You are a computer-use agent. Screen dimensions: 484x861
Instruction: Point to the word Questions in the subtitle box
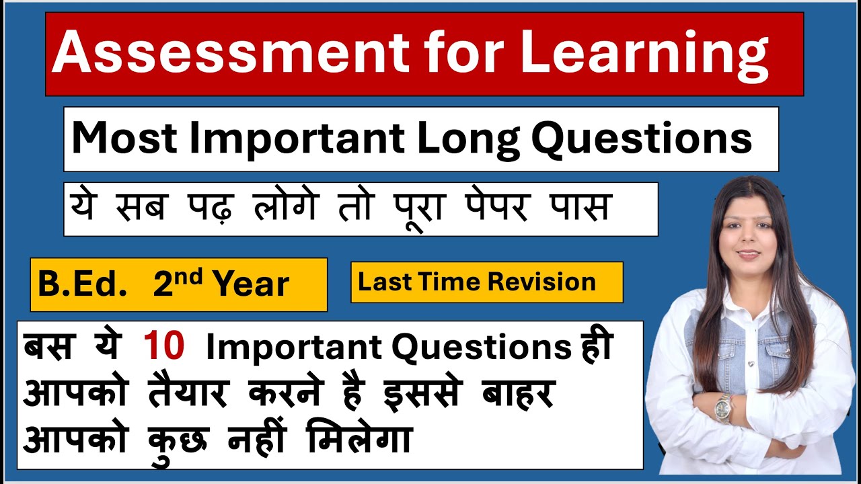(x=641, y=138)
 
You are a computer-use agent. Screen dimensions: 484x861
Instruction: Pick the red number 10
(x=163, y=347)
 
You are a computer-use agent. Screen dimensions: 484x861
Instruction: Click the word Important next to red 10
(x=294, y=348)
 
